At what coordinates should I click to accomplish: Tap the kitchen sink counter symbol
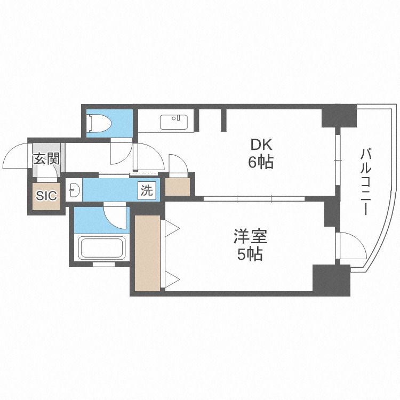(x=174, y=122)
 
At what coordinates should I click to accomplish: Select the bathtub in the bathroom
(x=102, y=247)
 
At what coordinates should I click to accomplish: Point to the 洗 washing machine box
(x=147, y=190)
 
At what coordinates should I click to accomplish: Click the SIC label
(x=46, y=196)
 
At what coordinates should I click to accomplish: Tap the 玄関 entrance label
(x=47, y=159)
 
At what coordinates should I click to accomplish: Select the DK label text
(x=261, y=145)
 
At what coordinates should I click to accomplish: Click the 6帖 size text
(x=261, y=162)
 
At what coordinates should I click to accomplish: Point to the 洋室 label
(x=250, y=236)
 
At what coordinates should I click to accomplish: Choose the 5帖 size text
(x=250, y=254)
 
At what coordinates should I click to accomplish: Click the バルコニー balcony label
(x=365, y=182)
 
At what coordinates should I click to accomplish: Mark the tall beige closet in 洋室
(x=148, y=253)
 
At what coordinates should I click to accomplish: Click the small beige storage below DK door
(x=178, y=187)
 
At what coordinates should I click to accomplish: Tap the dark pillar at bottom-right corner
(x=331, y=280)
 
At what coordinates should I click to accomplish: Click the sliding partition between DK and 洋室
(x=254, y=198)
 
